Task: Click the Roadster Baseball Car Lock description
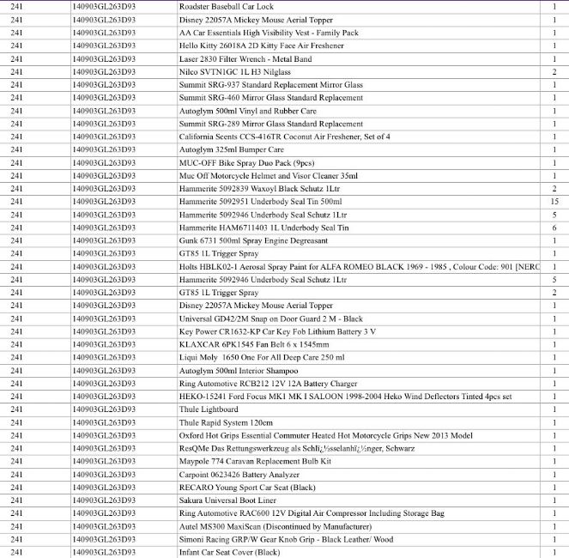click(x=231, y=7)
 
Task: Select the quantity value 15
click(x=554, y=201)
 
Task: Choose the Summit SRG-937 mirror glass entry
click(x=270, y=85)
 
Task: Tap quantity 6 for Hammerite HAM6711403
click(x=554, y=227)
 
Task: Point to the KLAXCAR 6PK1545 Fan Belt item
click(x=248, y=343)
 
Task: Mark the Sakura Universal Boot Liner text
click(x=227, y=500)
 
